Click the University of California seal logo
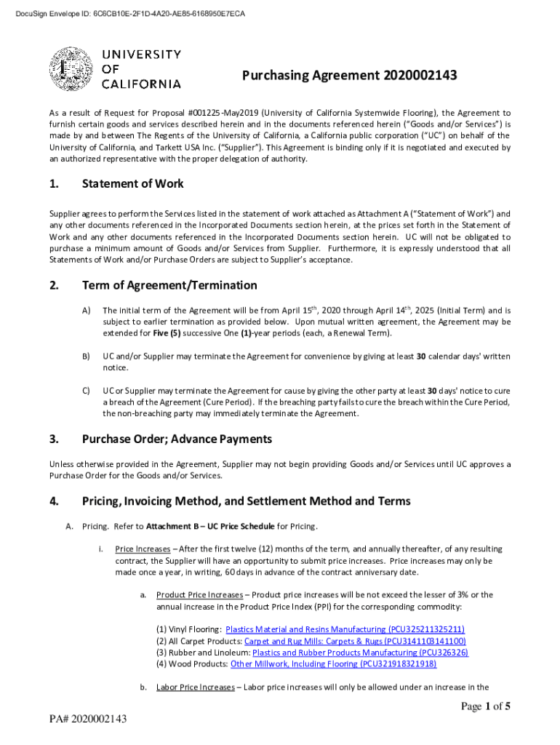[x=70, y=69]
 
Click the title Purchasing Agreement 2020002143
[x=349, y=76]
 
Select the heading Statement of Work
[x=132, y=184]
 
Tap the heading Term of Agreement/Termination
[x=169, y=285]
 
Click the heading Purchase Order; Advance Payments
[x=177, y=439]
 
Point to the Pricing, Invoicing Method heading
[x=246, y=501]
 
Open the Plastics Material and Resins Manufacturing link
[x=345, y=629]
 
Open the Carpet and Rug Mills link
[x=355, y=641]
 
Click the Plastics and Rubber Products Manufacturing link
[x=360, y=653]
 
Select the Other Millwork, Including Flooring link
[x=333, y=664]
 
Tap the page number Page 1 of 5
[x=486, y=706]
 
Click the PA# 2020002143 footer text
[x=88, y=720]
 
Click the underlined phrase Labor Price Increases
[x=195, y=687]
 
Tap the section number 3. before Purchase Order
[x=54, y=439]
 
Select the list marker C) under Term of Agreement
[x=87, y=391]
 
